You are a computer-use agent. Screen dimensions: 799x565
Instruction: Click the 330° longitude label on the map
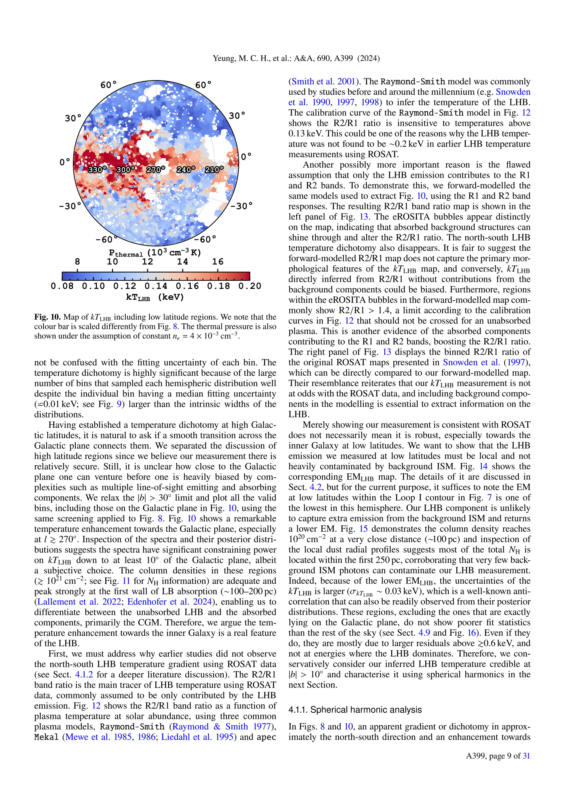click(97, 170)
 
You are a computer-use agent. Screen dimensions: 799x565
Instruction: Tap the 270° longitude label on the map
click(155, 170)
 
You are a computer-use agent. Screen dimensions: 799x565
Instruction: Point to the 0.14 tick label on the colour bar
click(156, 286)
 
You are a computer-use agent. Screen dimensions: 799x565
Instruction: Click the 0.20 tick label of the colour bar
click(249, 286)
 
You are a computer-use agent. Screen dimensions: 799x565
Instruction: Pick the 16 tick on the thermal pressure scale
click(218, 262)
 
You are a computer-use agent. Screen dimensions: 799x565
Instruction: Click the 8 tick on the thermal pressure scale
click(77, 262)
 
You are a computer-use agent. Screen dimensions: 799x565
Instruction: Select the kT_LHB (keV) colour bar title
click(155, 297)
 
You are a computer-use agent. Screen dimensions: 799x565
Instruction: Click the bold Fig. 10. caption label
click(48, 317)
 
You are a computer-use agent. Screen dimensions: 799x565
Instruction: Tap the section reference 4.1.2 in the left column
click(84, 674)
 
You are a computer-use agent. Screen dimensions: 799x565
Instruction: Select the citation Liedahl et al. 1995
click(197, 737)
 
